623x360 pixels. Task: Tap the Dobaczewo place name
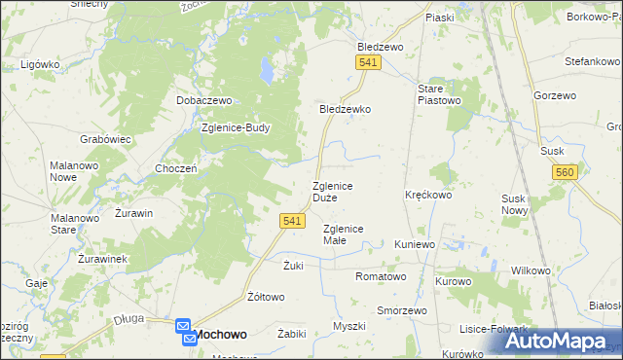tap(202, 100)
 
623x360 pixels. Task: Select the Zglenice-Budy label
tap(235, 126)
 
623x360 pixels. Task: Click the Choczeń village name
tap(176, 168)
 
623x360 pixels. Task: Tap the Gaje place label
tap(38, 282)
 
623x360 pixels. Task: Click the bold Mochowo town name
tap(222, 333)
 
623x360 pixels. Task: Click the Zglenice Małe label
tap(343, 234)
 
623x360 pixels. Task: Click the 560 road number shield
tap(564, 172)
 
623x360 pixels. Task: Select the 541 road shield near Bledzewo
tap(367, 62)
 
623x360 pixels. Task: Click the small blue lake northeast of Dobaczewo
tap(265, 70)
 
